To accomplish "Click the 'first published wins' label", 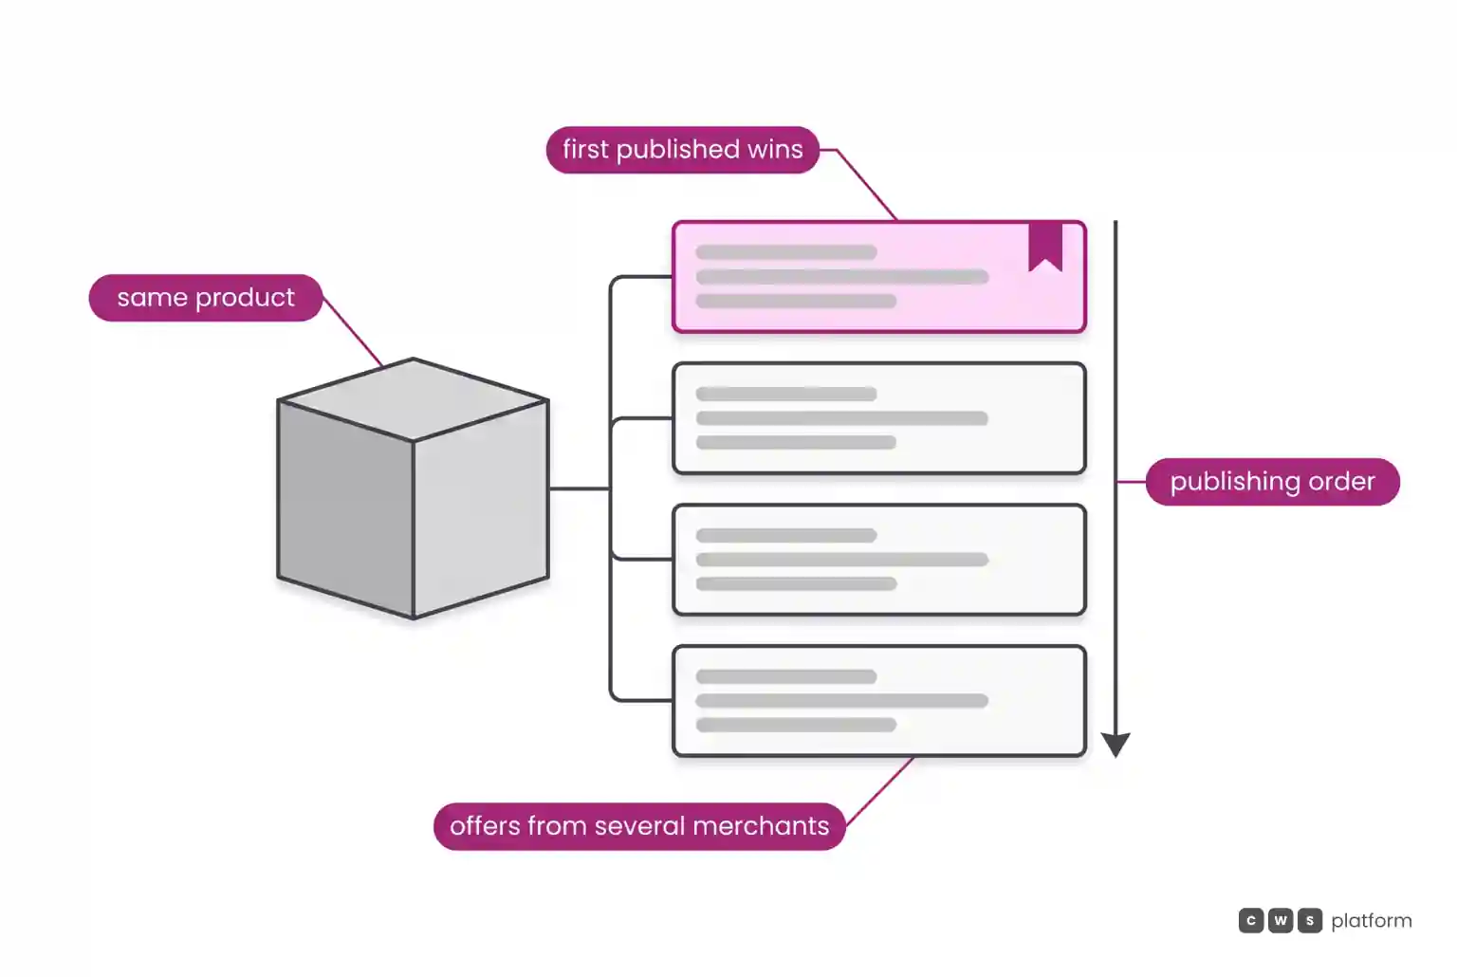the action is (x=682, y=150).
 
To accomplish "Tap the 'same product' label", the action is (x=206, y=298).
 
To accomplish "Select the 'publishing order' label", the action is (x=1272, y=482).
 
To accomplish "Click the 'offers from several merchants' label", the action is (x=639, y=826).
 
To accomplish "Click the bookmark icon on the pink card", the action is (x=1045, y=245).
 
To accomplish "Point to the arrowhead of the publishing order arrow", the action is (x=1116, y=745).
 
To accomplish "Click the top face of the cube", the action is (x=413, y=399).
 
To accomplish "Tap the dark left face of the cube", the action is (x=345, y=508).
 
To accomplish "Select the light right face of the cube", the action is (x=481, y=508).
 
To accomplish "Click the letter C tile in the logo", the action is (x=1251, y=920).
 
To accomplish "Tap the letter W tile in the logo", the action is (x=1280, y=920).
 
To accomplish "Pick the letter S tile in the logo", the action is (x=1310, y=920).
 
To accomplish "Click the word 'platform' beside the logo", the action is (x=1372, y=921).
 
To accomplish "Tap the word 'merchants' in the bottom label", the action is (x=761, y=826).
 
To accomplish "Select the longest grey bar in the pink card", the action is (x=842, y=276).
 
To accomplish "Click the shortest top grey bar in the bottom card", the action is (x=786, y=676).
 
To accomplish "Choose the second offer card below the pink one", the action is (x=879, y=560).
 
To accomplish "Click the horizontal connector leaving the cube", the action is (x=580, y=488).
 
